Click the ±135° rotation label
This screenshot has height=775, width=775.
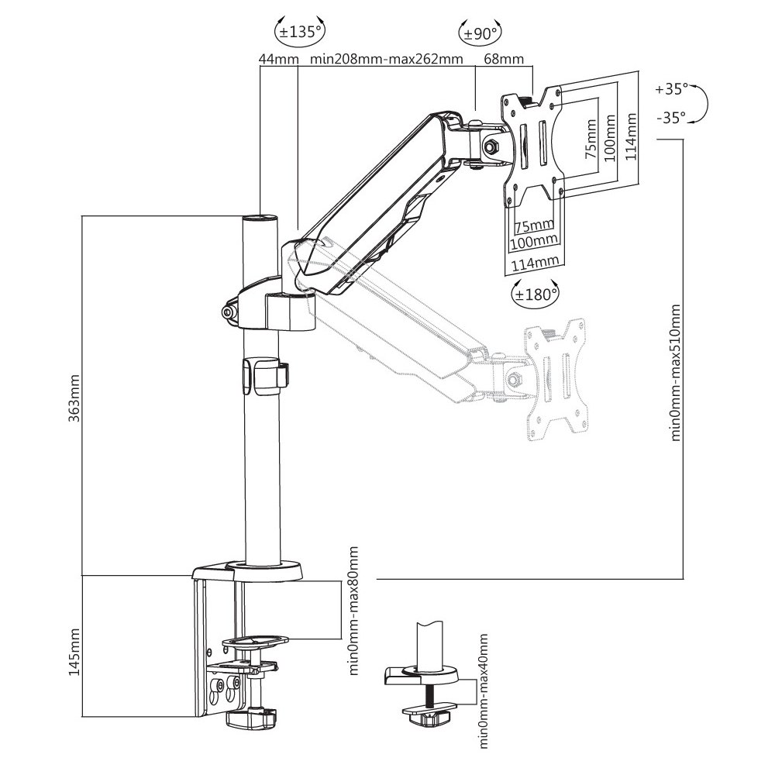point(300,33)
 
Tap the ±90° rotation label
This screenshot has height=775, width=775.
point(480,34)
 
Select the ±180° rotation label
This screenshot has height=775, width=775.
point(536,295)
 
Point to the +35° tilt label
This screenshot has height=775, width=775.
point(671,89)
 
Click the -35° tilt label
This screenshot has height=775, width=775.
point(671,118)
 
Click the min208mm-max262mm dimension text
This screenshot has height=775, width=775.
point(387,60)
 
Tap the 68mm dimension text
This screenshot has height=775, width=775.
point(504,60)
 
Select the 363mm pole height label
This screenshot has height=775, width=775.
point(74,398)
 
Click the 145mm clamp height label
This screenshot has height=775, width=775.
point(74,652)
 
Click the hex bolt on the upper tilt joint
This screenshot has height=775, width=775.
point(492,146)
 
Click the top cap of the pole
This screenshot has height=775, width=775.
point(260,219)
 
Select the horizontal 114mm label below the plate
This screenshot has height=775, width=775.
point(536,263)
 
